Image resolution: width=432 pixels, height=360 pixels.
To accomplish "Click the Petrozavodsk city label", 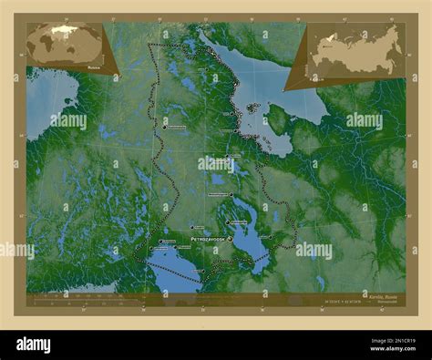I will click(208, 239).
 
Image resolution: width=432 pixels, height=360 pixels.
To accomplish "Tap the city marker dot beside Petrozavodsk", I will click(230, 239).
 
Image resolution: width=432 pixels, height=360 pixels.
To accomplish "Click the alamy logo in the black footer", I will click(46, 344).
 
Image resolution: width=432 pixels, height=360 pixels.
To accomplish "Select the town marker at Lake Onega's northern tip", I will click(231, 195).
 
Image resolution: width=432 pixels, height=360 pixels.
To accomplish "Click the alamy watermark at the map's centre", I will click(216, 164).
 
